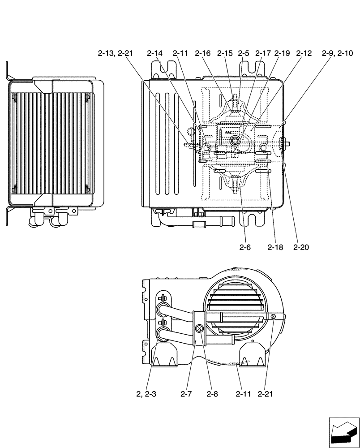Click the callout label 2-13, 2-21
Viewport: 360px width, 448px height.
pyautogui.click(x=115, y=54)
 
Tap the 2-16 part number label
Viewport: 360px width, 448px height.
pyautogui.click(x=202, y=54)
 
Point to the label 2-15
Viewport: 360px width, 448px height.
pyautogui.click(x=225, y=54)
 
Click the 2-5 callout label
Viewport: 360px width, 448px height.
pyautogui.click(x=244, y=54)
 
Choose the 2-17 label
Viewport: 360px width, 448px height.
pyautogui.click(x=263, y=54)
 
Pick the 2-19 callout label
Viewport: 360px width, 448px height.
pyautogui.click(x=282, y=54)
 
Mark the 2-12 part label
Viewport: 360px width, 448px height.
pyautogui.click(x=304, y=54)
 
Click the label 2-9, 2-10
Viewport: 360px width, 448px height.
pyautogui.click(x=337, y=54)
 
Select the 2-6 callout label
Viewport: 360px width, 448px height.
pyautogui.click(x=244, y=246)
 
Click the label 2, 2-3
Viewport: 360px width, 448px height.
pyautogui.click(x=146, y=394)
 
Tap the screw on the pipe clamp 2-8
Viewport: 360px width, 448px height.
pyautogui.click(x=199, y=330)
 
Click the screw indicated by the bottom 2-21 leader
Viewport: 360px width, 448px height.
pyautogui.click(x=273, y=317)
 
